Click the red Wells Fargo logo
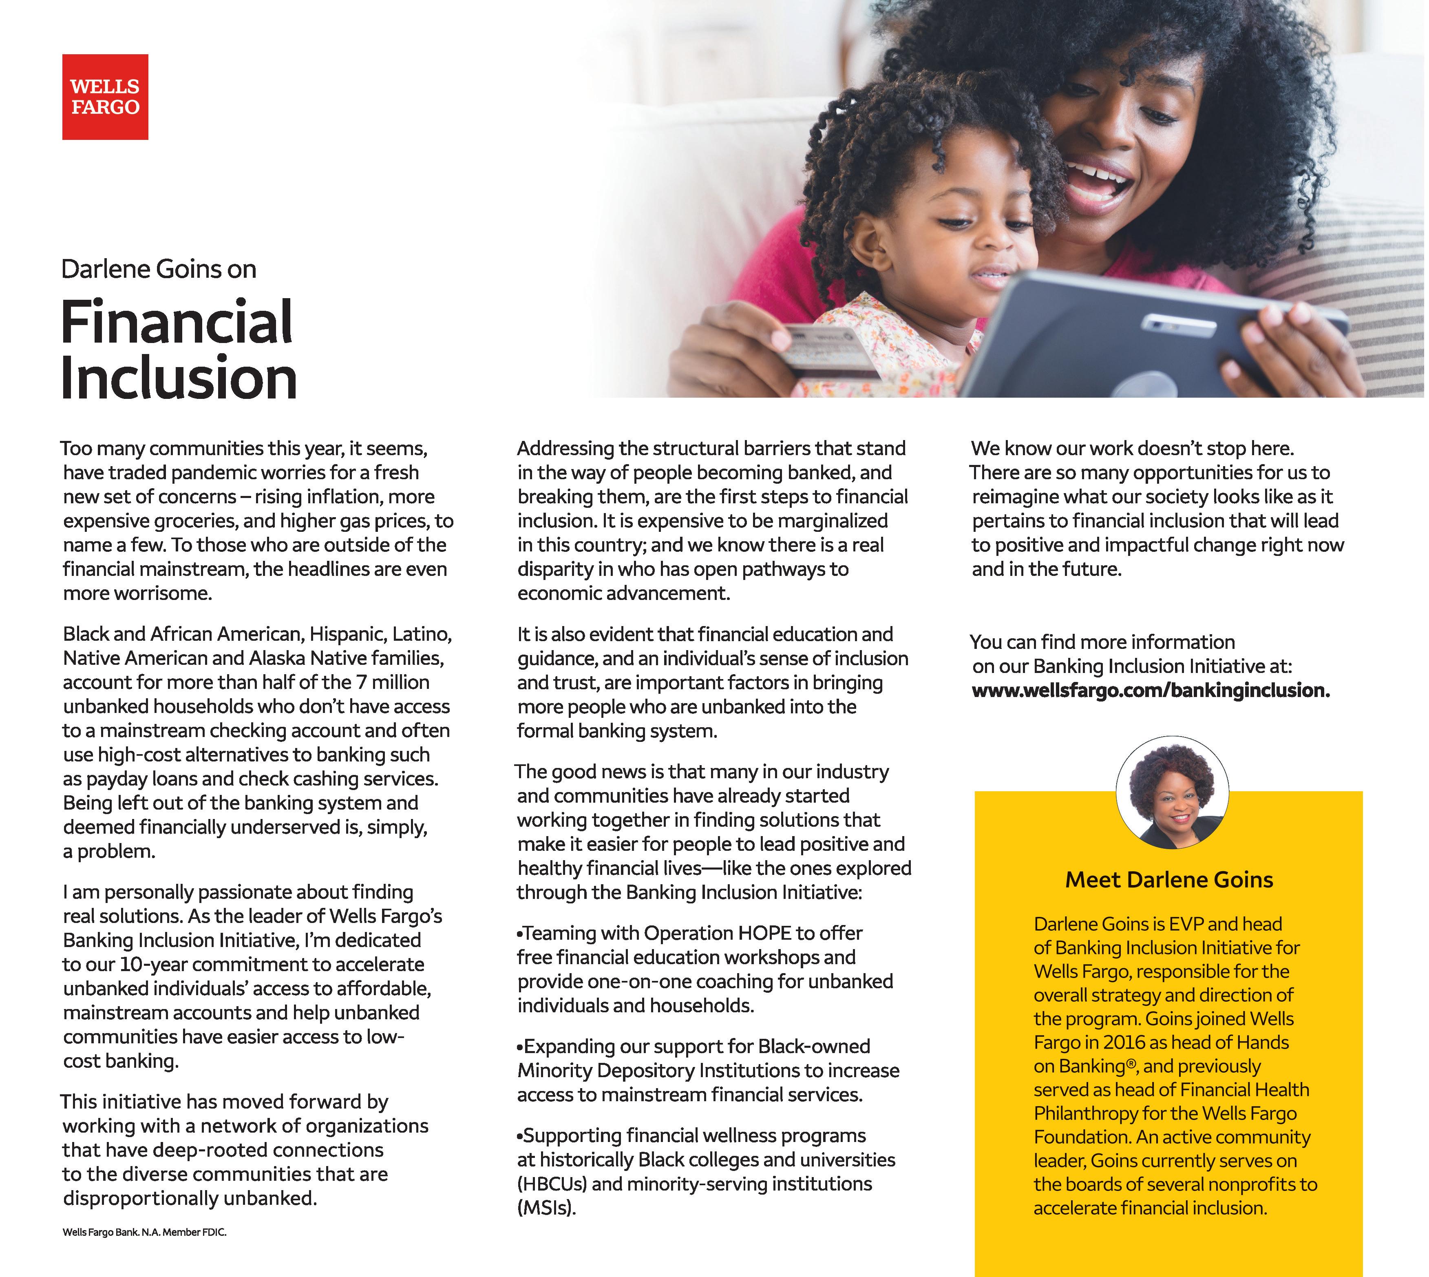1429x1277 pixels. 105,97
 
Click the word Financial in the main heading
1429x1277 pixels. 177,322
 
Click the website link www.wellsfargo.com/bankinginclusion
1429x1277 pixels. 1151,691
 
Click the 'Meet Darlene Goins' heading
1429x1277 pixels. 1169,880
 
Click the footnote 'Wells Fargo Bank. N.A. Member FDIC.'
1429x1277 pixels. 144,1232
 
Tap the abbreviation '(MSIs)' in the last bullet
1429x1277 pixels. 546,1208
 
